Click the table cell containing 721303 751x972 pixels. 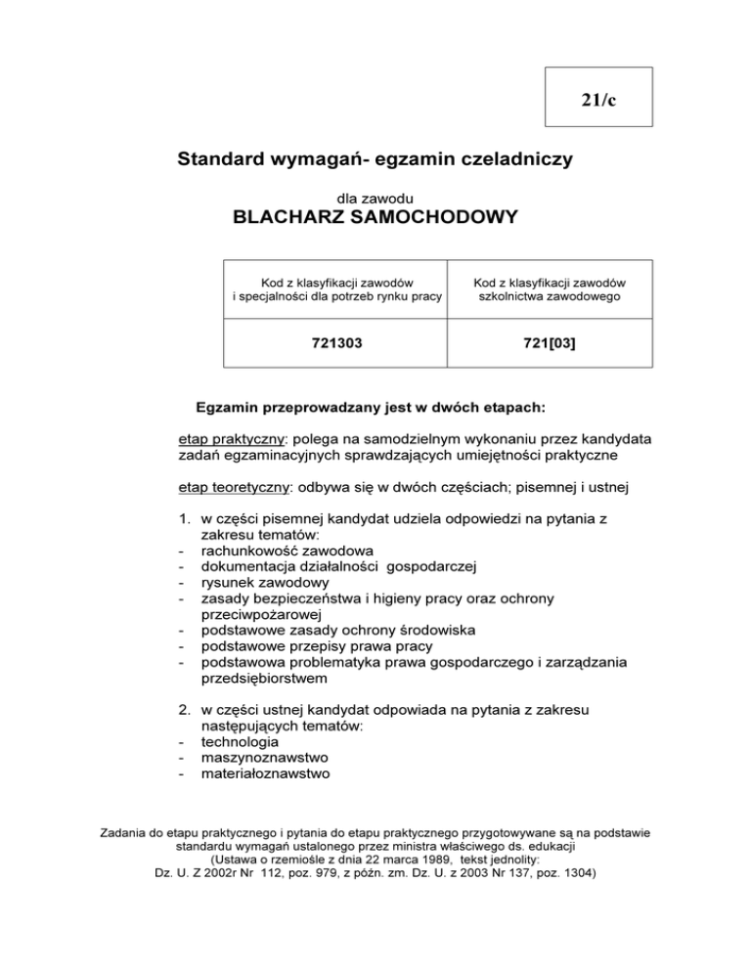point(333,341)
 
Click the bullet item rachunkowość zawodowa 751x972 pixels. point(276,550)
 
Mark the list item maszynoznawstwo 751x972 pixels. point(265,757)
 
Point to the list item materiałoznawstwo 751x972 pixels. point(265,773)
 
